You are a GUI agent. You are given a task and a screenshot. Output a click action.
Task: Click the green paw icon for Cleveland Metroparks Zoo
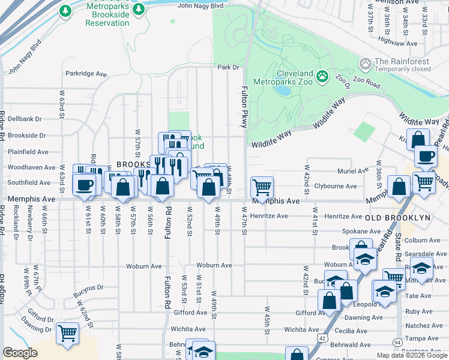click(322, 76)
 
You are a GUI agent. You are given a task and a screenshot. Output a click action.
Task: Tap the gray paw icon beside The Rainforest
click(364, 63)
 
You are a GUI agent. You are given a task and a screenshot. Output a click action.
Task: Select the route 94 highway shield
click(397, 342)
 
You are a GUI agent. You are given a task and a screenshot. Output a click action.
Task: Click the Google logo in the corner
click(20, 353)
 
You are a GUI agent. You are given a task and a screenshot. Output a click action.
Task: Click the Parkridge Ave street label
click(86, 74)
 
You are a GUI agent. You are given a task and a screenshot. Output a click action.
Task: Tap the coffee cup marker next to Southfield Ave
click(84, 184)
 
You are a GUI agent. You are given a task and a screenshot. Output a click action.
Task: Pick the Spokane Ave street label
click(345, 231)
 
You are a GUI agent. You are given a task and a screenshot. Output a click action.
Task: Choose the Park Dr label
click(228, 68)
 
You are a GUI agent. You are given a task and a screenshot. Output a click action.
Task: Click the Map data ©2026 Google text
click(411, 355)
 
